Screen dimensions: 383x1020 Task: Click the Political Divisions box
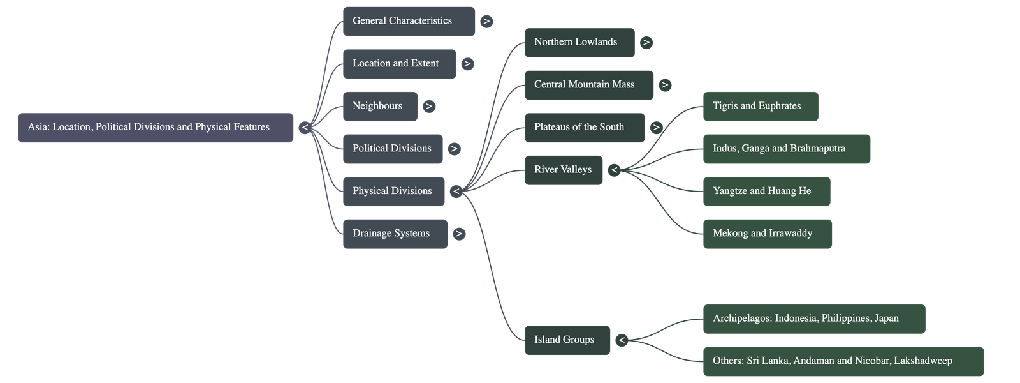point(392,149)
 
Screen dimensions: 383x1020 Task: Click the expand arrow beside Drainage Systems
point(459,234)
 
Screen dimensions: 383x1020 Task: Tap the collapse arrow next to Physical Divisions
point(456,191)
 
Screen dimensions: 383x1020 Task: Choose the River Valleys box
point(563,170)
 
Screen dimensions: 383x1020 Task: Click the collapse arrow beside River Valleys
point(614,170)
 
